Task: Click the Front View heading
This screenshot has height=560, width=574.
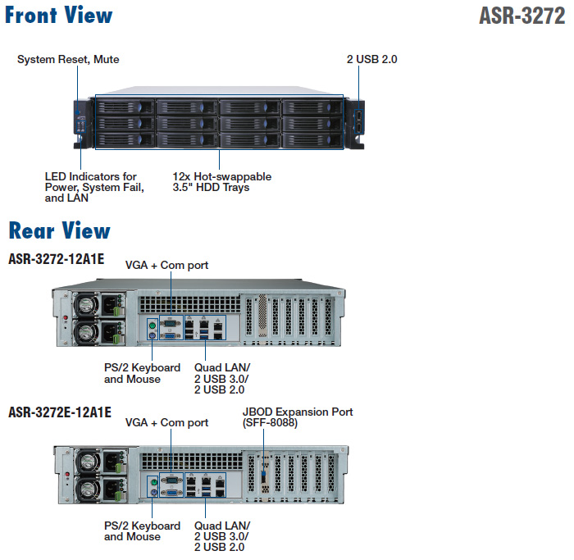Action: [59, 15]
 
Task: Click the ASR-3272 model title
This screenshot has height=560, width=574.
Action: [522, 17]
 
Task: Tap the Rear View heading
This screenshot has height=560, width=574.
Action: [59, 230]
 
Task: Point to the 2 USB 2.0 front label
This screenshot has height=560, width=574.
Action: [372, 60]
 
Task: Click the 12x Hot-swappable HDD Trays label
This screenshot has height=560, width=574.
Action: [221, 182]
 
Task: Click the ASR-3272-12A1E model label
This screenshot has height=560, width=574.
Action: [56, 260]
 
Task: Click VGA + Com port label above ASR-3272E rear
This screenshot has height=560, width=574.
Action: [166, 423]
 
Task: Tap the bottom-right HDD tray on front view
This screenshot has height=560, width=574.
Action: [311, 140]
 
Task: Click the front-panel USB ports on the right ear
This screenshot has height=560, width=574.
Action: [358, 122]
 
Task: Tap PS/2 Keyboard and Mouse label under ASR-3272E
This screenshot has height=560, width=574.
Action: [142, 531]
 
